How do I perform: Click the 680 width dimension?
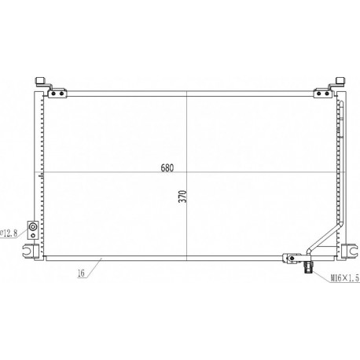(x=167, y=167)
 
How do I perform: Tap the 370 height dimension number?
(x=183, y=197)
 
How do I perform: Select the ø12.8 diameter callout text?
(x=9, y=233)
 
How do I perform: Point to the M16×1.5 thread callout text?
(x=344, y=278)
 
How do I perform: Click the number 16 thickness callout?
(x=82, y=274)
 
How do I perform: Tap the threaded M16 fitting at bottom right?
(x=307, y=267)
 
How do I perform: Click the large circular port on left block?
(x=33, y=226)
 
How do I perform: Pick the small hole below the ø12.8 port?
(x=33, y=235)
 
